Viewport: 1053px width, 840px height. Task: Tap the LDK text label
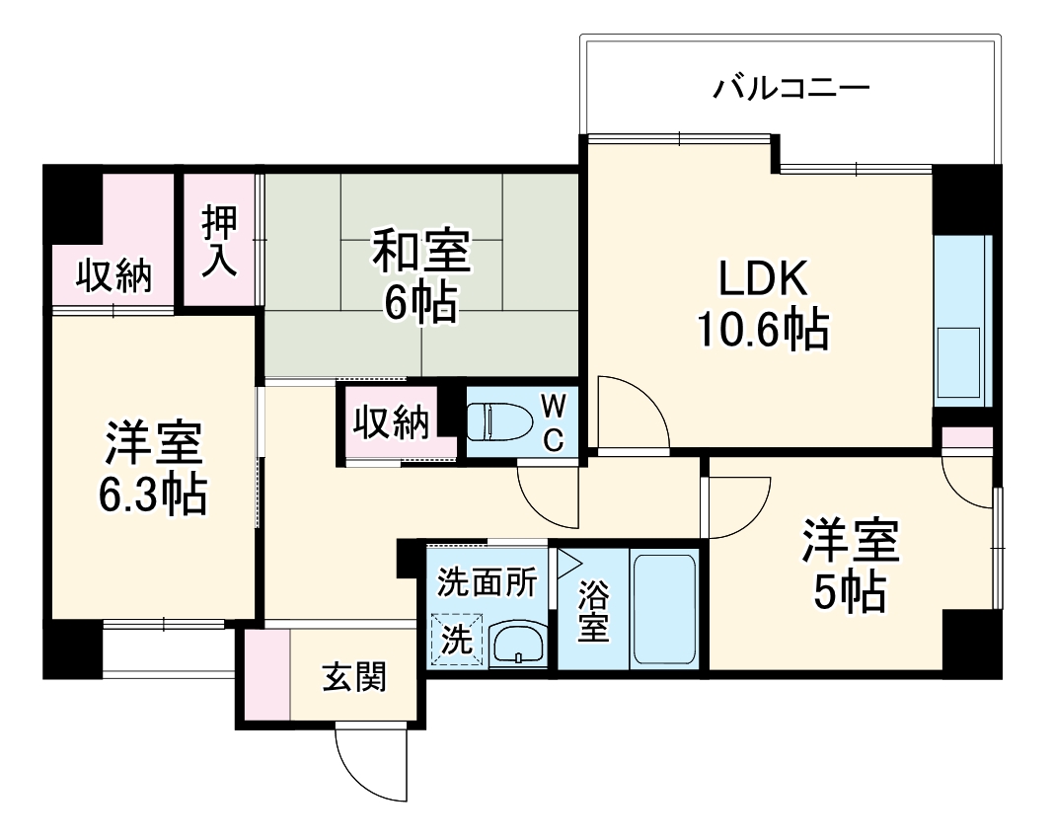pyautogui.click(x=763, y=278)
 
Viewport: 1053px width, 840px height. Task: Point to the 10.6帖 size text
pyautogui.click(x=763, y=330)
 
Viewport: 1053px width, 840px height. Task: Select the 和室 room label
pyautogui.click(x=421, y=252)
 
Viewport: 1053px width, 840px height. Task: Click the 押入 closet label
pyautogui.click(x=220, y=241)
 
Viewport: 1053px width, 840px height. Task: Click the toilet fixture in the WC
pyautogui.click(x=499, y=421)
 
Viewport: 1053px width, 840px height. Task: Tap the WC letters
pyautogui.click(x=554, y=422)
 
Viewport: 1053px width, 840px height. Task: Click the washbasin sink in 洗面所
pyautogui.click(x=518, y=645)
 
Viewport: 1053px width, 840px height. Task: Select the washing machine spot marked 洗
pyautogui.click(x=457, y=640)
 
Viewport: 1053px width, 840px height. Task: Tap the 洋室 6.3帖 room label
pyautogui.click(x=153, y=469)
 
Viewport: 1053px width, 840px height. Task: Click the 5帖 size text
pyautogui.click(x=850, y=591)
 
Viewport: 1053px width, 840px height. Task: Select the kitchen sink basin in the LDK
pyautogui.click(x=958, y=362)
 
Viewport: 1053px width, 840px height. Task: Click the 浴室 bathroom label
pyautogui.click(x=593, y=611)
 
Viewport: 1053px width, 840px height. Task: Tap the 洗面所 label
pyautogui.click(x=488, y=582)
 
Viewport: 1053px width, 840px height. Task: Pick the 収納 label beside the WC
pyautogui.click(x=392, y=422)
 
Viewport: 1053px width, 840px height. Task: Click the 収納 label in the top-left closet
pyautogui.click(x=114, y=275)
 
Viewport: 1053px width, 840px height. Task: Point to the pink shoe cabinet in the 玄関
pyautogui.click(x=267, y=674)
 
